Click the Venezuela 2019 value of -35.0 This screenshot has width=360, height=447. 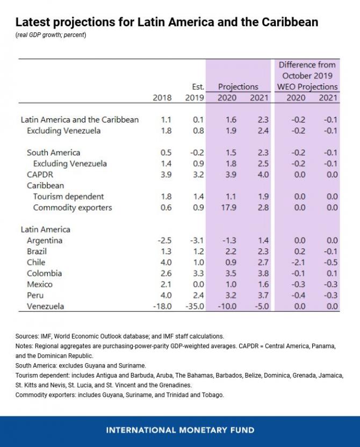193,306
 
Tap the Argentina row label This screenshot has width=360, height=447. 45,240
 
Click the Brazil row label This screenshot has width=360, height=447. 38,251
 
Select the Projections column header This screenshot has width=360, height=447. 238,86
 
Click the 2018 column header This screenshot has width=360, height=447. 162,98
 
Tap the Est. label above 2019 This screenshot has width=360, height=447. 198,86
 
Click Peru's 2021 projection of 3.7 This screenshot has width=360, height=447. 262,295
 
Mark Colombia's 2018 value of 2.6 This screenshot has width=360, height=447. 166,273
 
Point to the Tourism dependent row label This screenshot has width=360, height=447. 68,197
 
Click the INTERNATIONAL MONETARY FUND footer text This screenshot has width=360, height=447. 180,430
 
